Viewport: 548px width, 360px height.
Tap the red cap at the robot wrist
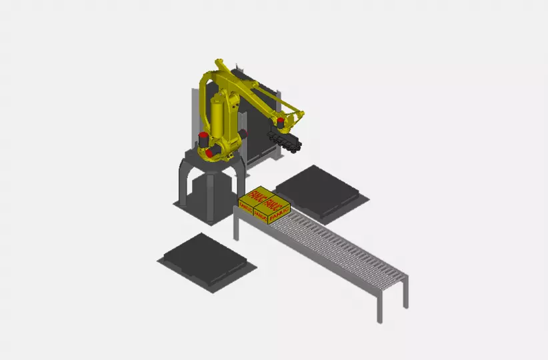[281, 121]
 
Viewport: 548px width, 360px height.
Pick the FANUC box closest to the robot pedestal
[251, 199]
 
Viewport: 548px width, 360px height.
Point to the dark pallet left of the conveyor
[207, 259]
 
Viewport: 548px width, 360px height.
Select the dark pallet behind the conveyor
[319, 191]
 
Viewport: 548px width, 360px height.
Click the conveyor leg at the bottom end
[379, 304]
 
